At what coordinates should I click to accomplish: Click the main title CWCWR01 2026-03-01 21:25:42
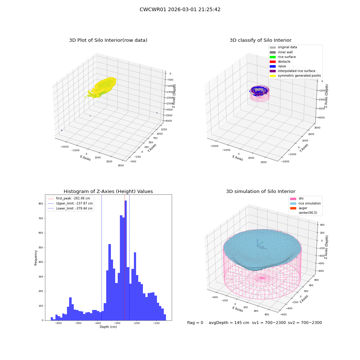click(x=180, y=10)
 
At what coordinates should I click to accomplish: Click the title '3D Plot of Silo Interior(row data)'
click(x=108, y=40)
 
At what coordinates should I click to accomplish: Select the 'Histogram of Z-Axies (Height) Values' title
click(x=108, y=192)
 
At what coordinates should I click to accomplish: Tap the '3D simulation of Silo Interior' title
click(x=261, y=192)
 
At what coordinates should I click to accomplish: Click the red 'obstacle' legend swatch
click(x=273, y=62)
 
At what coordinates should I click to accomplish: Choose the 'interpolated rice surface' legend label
click(x=296, y=71)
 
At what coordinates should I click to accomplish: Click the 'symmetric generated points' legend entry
click(x=295, y=76)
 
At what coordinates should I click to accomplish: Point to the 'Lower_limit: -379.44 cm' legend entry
click(x=70, y=208)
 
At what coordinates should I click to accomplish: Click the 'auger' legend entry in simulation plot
click(x=299, y=208)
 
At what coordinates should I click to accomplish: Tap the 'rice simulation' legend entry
click(x=305, y=203)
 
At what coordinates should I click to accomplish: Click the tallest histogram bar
click(x=126, y=260)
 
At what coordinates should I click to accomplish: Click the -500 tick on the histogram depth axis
click(x=78, y=323)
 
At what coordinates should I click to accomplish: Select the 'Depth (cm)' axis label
click(x=108, y=327)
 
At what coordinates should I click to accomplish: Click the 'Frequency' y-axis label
click(x=36, y=258)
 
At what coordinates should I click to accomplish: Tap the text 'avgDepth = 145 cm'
click(x=229, y=323)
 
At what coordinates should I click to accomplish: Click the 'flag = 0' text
click(x=195, y=323)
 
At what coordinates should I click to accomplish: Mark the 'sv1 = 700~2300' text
click(x=269, y=323)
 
